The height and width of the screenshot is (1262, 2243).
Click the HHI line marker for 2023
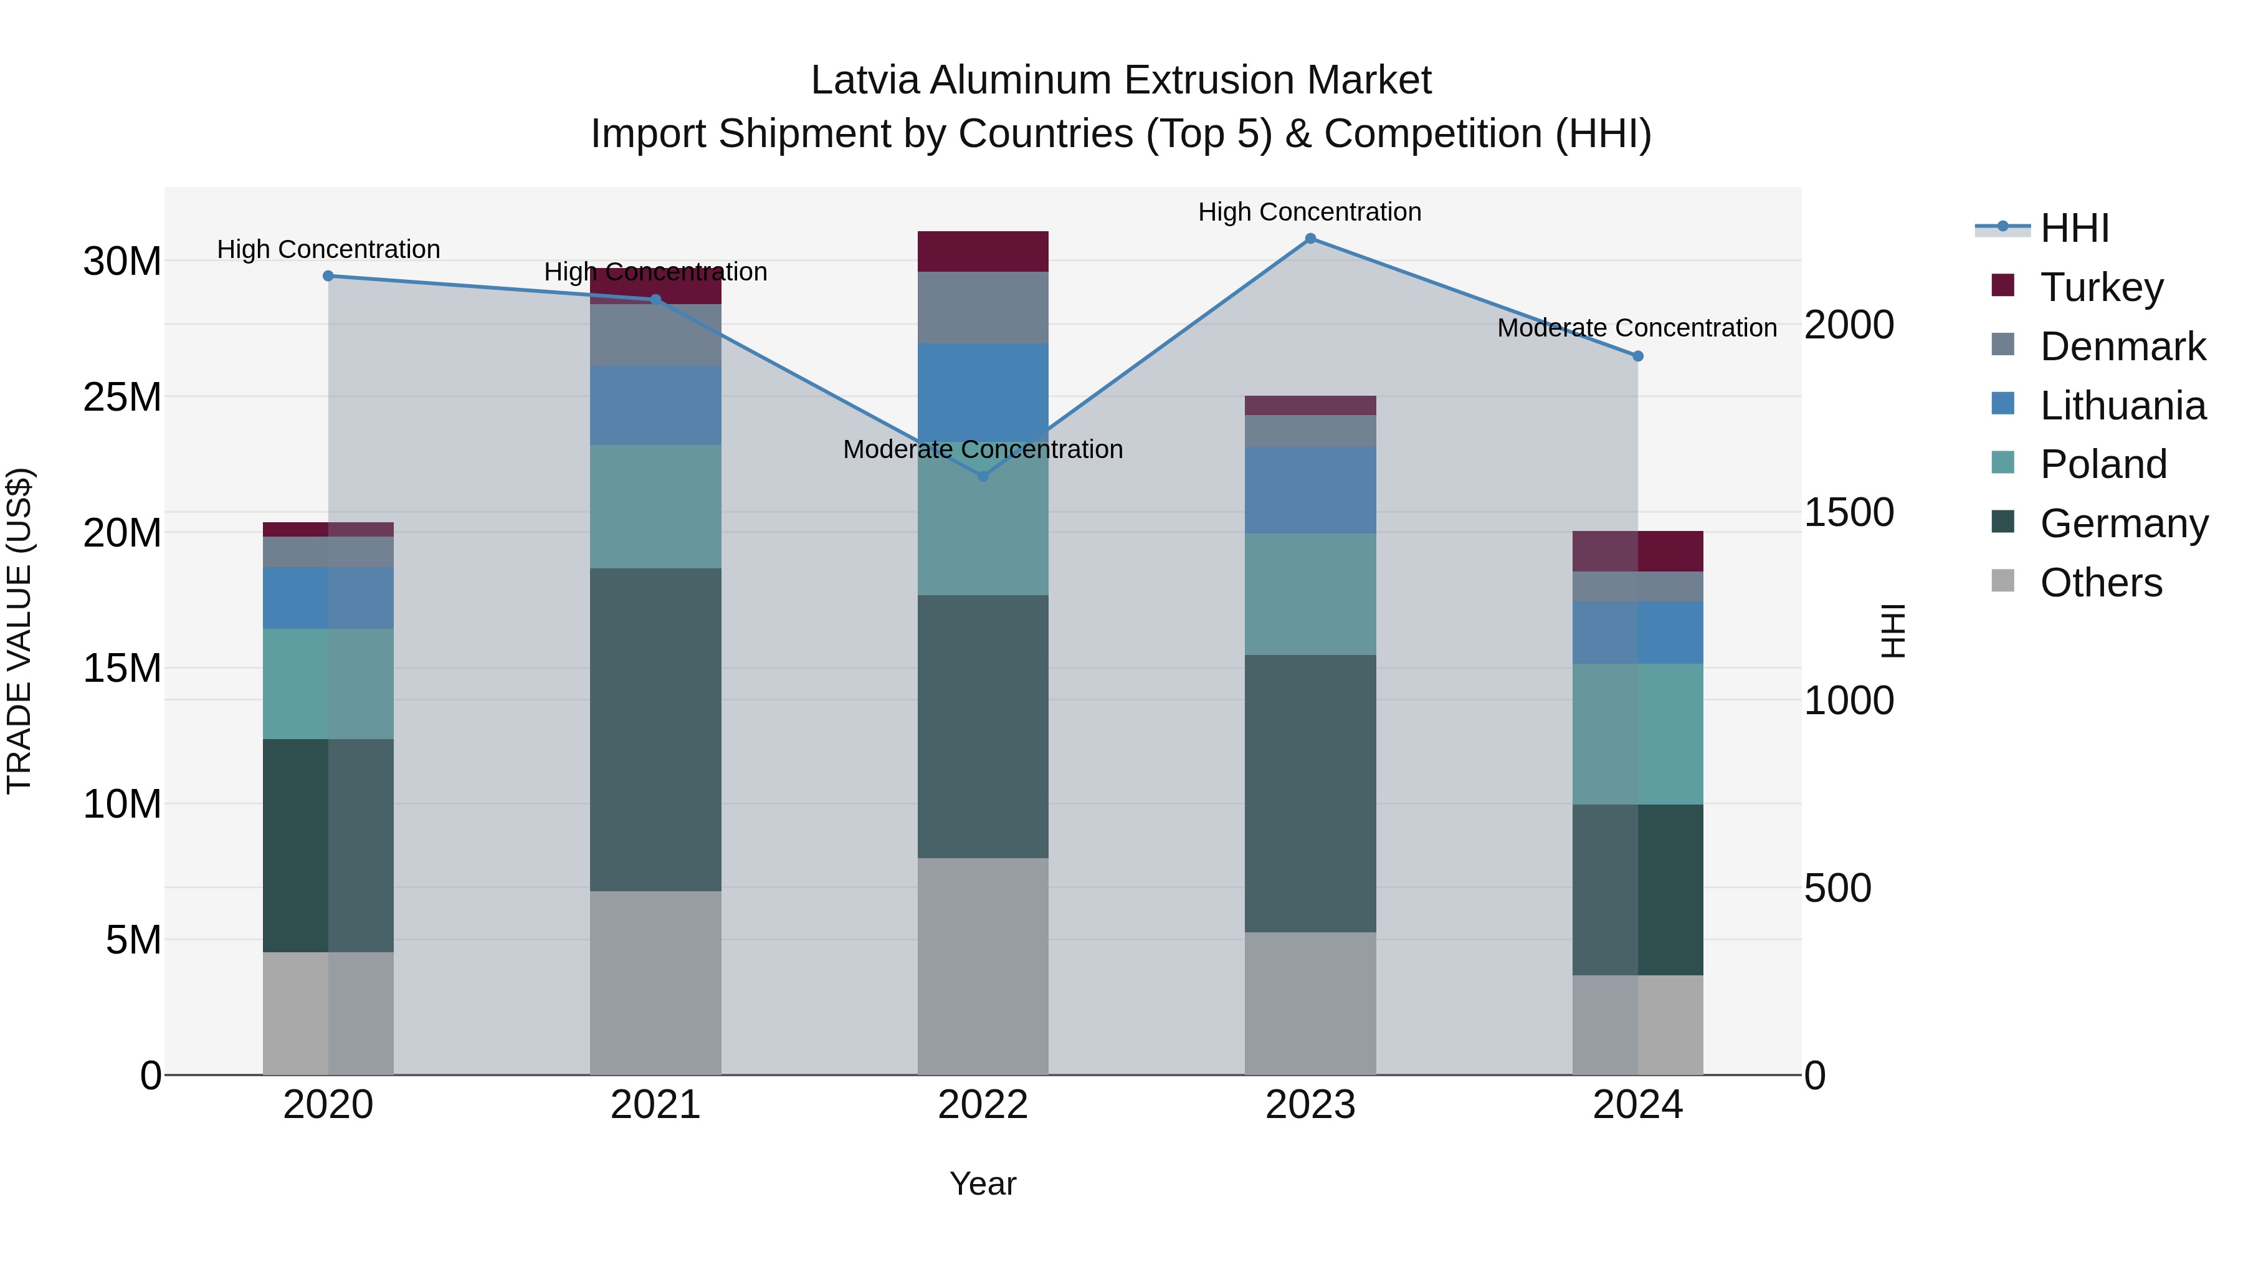(1310, 239)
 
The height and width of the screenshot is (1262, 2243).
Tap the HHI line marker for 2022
(983, 476)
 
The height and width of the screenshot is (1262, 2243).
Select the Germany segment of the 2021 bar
(655, 730)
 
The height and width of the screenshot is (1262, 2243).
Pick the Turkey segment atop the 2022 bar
(983, 252)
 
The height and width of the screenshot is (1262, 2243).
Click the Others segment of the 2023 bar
(1310, 1003)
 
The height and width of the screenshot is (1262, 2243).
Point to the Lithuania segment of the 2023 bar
(1310, 490)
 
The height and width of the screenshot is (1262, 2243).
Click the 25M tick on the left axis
(122, 397)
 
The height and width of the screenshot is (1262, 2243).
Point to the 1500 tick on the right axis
(1848, 512)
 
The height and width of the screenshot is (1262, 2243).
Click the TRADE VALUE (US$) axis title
(19, 631)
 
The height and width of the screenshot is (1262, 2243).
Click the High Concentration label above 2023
(1310, 212)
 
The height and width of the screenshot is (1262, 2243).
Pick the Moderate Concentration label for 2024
(1637, 328)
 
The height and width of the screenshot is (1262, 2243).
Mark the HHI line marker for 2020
(328, 276)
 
